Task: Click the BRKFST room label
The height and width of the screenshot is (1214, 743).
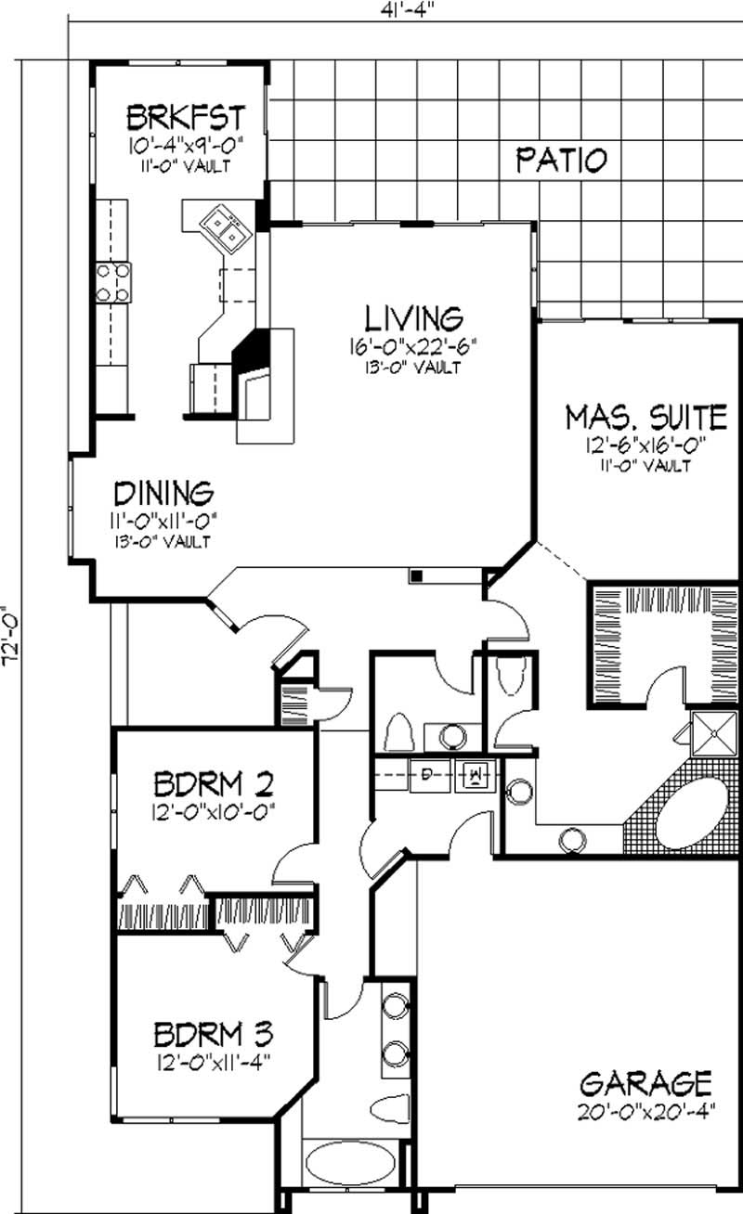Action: click(185, 118)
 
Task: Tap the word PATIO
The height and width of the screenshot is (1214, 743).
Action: click(562, 160)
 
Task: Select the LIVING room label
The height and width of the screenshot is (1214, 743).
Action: click(413, 317)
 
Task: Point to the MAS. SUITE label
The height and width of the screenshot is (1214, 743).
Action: click(645, 416)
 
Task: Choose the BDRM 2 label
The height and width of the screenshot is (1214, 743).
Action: click(213, 785)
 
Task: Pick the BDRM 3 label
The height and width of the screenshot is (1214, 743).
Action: click(213, 1032)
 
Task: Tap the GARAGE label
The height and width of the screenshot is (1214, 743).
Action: click(645, 1082)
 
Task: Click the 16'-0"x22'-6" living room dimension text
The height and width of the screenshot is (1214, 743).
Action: click(413, 347)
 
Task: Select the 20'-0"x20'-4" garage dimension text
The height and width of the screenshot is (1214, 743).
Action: click(645, 1111)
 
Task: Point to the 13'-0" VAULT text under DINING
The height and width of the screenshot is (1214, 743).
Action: click(163, 541)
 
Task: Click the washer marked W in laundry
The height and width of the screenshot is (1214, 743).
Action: click(475, 773)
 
